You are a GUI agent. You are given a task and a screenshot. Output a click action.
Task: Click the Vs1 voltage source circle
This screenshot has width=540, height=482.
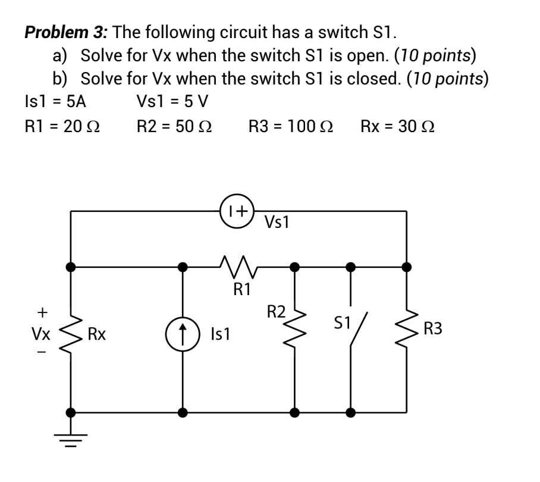point(237,211)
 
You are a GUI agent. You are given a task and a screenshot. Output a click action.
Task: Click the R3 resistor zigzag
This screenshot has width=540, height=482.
point(407,330)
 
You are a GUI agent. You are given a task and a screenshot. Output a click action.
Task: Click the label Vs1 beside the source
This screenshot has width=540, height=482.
point(277,223)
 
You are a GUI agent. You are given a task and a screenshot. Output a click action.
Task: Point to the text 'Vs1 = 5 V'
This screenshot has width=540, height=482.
point(172,101)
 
